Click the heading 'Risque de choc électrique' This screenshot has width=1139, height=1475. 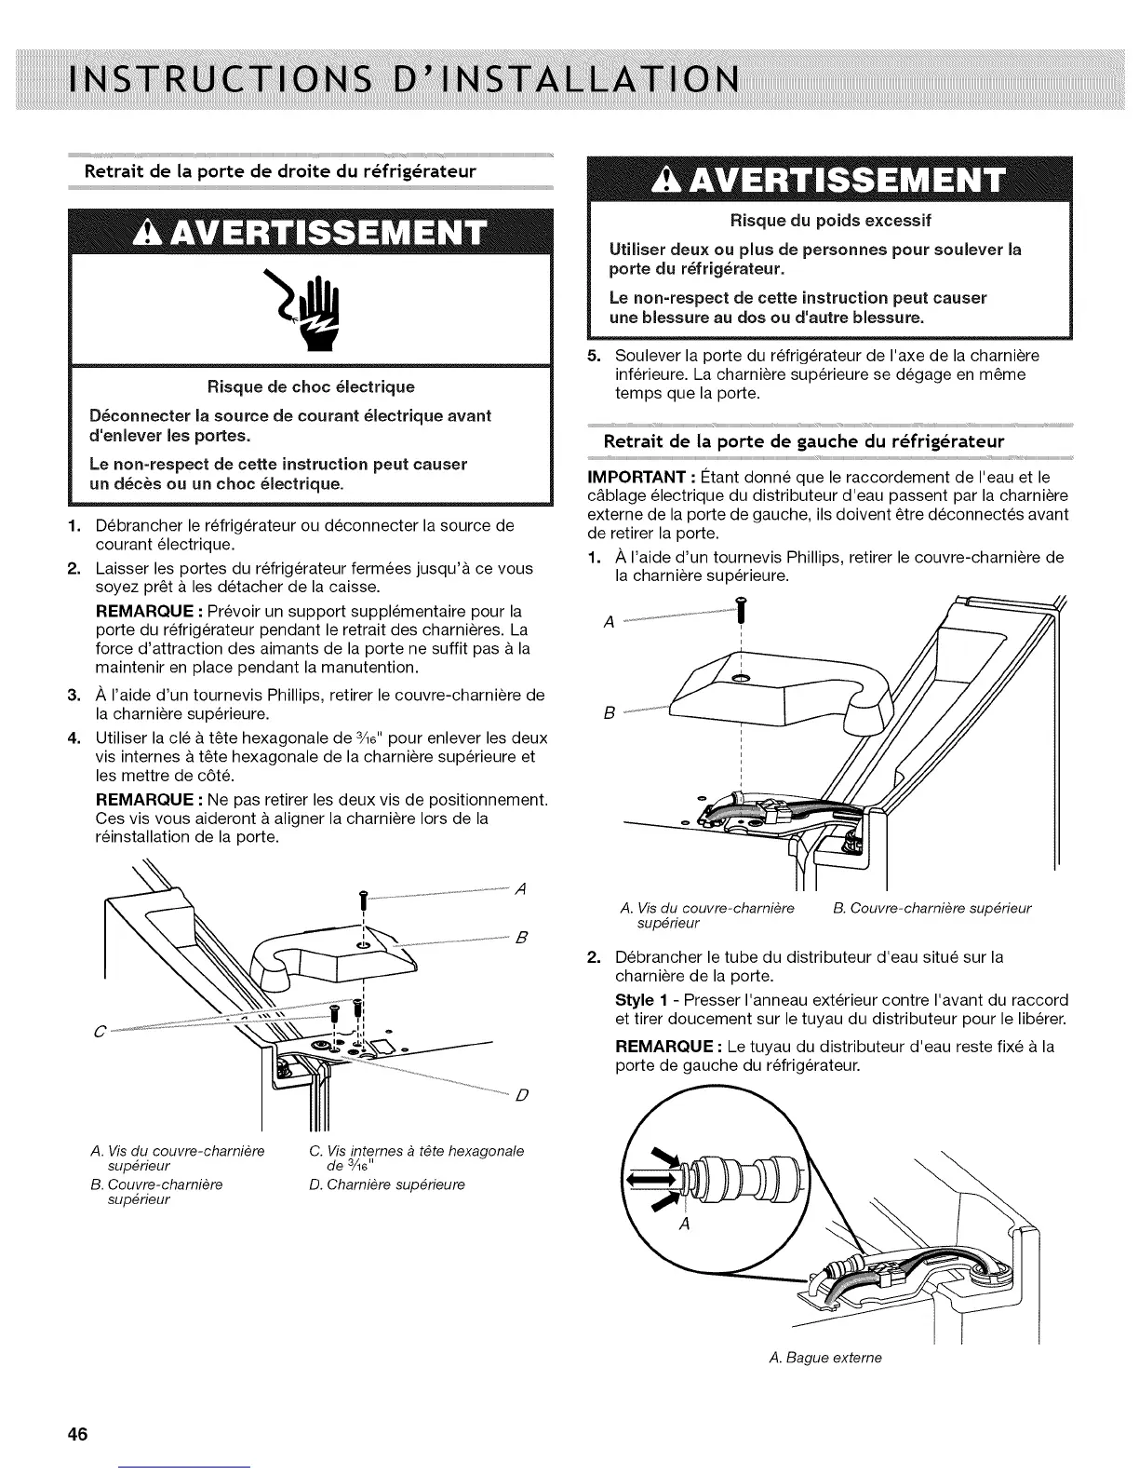coord(311,386)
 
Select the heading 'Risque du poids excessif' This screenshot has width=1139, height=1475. coord(831,221)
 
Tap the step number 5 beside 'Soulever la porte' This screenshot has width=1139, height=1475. coord(594,356)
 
